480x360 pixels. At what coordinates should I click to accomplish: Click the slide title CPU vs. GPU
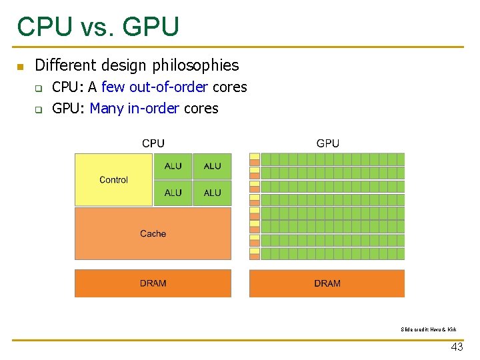pos(98,27)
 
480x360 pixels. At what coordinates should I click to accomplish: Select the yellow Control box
pos(114,180)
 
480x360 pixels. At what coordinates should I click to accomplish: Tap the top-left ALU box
pos(173,166)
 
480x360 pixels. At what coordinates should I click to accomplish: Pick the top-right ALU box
pos(212,166)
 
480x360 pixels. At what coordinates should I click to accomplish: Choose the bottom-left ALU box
pos(173,193)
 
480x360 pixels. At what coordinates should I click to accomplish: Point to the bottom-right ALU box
pos(212,193)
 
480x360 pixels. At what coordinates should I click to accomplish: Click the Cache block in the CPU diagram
pos(153,233)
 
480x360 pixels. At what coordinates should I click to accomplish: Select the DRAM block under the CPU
pos(153,283)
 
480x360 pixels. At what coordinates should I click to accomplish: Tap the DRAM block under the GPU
pos(327,283)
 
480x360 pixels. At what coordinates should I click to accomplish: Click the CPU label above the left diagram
pos(153,143)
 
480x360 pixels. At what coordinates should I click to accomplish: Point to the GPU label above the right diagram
pos(327,143)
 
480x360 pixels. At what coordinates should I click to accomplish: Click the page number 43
pos(457,347)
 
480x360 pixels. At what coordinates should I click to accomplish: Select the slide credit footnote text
pos(429,329)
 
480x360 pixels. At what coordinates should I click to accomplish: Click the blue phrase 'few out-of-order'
pos(155,87)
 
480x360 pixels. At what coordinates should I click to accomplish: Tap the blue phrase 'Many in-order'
pos(134,109)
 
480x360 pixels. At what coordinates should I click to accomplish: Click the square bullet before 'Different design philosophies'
pos(20,66)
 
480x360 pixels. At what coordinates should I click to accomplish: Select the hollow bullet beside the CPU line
pos(39,88)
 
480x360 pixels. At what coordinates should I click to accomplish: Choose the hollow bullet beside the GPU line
pos(39,109)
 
